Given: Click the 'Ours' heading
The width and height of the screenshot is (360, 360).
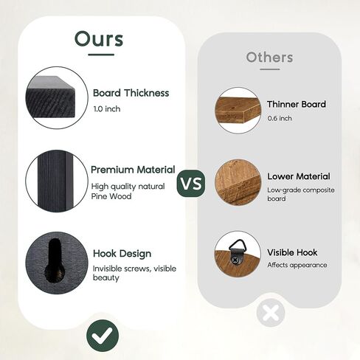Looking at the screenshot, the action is [x=99, y=38].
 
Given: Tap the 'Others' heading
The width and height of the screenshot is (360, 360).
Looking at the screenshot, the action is [x=269, y=58].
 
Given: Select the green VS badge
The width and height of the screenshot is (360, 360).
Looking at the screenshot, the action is [x=191, y=183].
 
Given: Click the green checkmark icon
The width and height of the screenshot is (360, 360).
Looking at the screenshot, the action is [x=103, y=336].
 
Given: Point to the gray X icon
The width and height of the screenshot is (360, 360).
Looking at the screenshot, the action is [x=271, y=313].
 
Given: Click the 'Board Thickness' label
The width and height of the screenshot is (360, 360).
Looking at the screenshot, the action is [x=131, y=93].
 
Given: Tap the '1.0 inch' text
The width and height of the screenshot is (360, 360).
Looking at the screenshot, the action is [x=107, y=108].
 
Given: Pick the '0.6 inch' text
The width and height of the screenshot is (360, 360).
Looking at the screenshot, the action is [x=280, y=118].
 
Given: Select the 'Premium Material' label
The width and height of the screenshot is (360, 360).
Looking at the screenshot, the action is [x=133, y=170].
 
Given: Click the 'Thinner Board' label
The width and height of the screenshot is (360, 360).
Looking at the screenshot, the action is [x=297, y=104].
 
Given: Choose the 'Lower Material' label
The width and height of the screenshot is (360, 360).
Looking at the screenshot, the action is [x=299, y=176].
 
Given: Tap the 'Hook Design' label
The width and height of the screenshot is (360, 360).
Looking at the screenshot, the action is [x=122, y=254].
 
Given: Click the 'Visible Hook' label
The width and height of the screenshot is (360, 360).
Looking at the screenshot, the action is [x=292, y=252].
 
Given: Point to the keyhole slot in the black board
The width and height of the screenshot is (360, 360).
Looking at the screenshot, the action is [x=55, y=260].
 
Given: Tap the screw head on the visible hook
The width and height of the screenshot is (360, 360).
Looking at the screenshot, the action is [x=236, y=259].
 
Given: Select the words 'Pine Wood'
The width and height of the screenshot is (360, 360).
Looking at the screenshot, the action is [x=111, y=196].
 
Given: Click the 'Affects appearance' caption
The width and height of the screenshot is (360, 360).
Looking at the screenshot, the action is [x=297, y=265].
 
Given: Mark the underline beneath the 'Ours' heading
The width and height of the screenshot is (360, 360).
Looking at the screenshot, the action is [x=101, y=55].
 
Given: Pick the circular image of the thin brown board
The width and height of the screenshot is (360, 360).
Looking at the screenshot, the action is [x=238, y=110].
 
